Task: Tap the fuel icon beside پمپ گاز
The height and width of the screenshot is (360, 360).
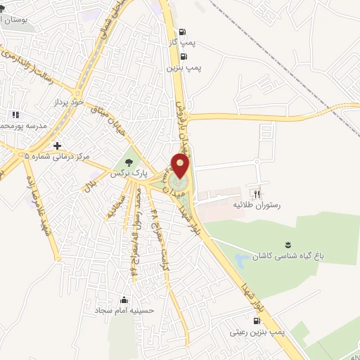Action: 184,32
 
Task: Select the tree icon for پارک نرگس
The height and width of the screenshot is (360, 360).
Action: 129,162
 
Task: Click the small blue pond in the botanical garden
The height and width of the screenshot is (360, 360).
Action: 240,261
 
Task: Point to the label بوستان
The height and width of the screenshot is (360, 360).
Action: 15,19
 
